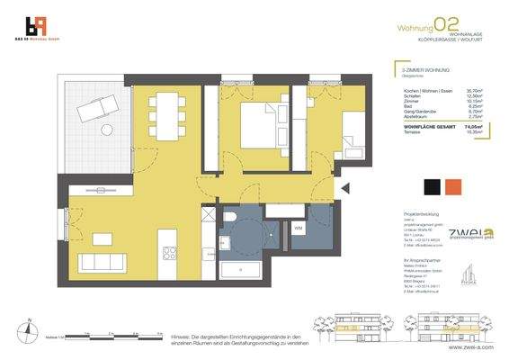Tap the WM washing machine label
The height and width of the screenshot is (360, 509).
point(298,228)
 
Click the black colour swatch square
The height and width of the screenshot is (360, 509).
point(432,186)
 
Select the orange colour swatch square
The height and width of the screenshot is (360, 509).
point(455,186)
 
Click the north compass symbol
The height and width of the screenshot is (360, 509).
point(30,329)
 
